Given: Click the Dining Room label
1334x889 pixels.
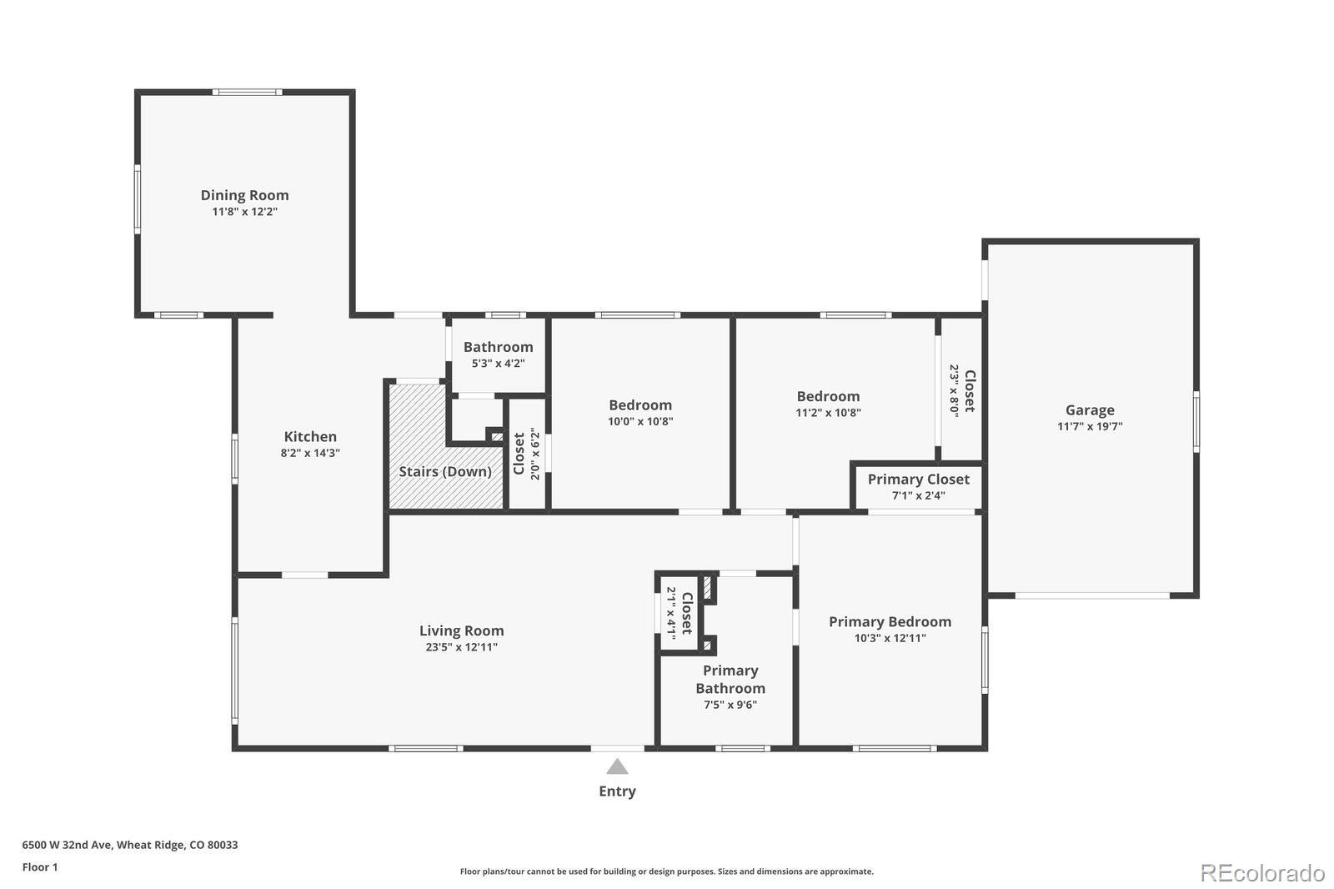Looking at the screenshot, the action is (x=245, y=195).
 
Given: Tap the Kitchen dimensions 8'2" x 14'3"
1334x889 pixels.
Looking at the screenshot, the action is (x=310, y=453).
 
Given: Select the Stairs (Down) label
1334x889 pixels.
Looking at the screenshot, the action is (x=445, y=471).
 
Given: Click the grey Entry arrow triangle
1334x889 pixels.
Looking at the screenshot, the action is (x=617, y=766).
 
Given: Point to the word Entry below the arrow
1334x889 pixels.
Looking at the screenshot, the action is (x=617, y=791).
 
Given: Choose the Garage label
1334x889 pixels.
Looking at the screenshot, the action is (x=1090, y=410).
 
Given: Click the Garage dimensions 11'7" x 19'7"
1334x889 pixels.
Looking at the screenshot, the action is (x=1090, y=426).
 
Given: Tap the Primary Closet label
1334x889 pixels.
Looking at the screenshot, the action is (x=918, y=479).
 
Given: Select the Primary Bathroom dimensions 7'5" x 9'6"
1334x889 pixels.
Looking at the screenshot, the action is (x=730, y=705).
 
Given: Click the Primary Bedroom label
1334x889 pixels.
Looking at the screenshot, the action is (x=890, y=621).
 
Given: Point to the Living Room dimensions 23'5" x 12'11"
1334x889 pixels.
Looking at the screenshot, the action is (x=462, y=647).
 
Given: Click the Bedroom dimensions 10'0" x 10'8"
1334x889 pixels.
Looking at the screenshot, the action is (x=640, y=421).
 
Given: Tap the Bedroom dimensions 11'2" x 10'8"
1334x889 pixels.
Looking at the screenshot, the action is (x=829, y=412).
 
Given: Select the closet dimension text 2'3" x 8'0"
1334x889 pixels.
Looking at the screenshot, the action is (x=954, y=391).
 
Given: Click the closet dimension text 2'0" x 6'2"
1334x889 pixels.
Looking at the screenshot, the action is (x=534, y=454).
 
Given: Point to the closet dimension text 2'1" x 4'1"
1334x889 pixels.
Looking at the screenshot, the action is (x=670, y=613).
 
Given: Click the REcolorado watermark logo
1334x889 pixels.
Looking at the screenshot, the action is (x=1262, y=873).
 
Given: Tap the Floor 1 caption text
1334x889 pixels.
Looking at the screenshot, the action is (x=40, y=867).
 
